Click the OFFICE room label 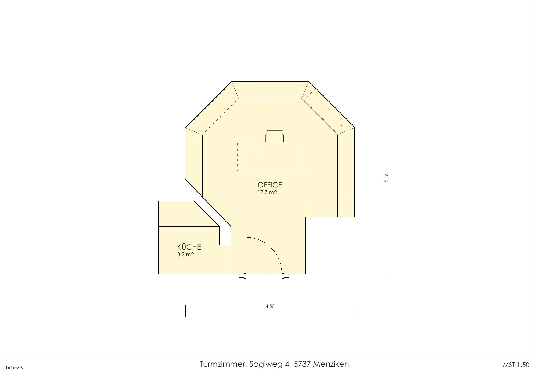tap(270, 185)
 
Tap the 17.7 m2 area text tap(267, 192)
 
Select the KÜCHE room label tap(189, 247)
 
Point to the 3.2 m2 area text tap(185, 254)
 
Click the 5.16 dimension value tap(386, 177)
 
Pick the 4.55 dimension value tap(270, 306)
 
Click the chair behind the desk tap(275, 136)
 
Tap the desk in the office tap(269, 157)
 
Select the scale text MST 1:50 tap(516, 365)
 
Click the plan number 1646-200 tap(15, 367)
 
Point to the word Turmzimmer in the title tap(223, 364)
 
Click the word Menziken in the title tap(331, 364)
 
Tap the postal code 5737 tap(302, 364)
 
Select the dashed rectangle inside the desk tap(246, 157)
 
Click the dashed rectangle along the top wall tap(270, 90)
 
